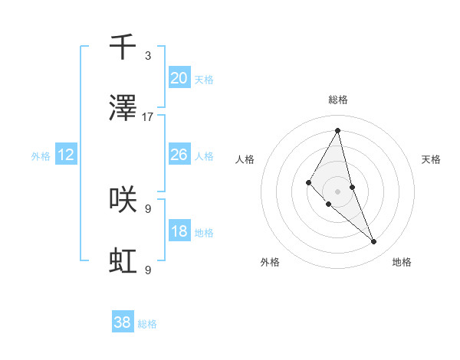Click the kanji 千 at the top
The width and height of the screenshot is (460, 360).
(123, 47)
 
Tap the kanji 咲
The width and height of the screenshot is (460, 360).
(123, 199)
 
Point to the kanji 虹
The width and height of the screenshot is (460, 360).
(123, 261)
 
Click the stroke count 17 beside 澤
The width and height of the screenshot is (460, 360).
(148, 117)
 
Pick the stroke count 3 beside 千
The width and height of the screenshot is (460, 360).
(148, 55)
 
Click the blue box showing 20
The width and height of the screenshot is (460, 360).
(179, 78)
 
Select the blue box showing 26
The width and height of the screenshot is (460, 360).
(179, 155)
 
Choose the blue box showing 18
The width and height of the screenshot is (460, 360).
(179, 232)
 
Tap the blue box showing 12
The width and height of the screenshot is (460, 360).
(66, 155)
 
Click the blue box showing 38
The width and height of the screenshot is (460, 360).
(122, 322)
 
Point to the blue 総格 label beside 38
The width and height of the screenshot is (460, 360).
(147, 324)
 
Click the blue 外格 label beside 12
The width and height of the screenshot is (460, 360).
(41, 156)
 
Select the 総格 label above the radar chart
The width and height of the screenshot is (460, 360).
(338, 100)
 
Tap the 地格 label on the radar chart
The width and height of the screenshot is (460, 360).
(402, 262)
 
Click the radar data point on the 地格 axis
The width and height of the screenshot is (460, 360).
(374, 241)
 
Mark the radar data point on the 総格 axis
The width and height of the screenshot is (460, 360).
(338, 130)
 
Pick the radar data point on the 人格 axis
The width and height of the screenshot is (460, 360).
(309, 182)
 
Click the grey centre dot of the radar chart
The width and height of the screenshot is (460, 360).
(338, 191)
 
